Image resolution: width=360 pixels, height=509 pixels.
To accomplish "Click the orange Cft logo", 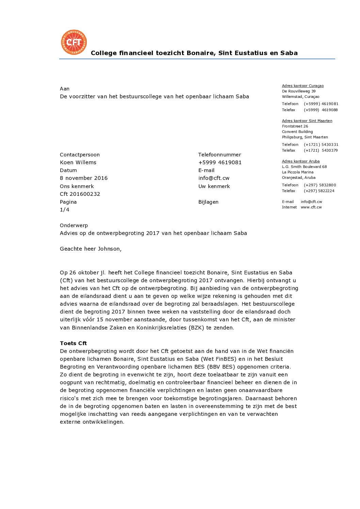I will (74, 42).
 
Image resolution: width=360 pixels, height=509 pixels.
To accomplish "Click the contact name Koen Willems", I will (78, 163).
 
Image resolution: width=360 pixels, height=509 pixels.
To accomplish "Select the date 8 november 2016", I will (84, 178).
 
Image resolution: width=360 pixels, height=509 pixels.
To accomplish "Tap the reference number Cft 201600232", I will (80, 194).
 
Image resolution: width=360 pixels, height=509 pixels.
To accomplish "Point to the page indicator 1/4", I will (65, 210).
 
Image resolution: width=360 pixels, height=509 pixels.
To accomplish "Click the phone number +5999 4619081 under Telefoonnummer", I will (220, 163).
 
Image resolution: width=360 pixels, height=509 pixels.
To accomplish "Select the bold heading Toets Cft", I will (73, 343).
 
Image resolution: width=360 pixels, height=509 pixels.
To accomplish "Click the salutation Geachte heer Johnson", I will (91, 249).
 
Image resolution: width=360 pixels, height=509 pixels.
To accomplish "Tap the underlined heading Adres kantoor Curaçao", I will (303, 86).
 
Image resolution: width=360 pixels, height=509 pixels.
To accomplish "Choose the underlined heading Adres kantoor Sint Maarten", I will (307, 121).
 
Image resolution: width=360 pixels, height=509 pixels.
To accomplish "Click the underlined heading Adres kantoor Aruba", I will (301, 161).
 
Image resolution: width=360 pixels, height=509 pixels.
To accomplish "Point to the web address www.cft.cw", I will (311, 207).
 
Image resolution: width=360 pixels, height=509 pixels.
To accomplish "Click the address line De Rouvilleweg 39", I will (299, 91).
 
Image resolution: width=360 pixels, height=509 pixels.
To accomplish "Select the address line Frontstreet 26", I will (295, 126).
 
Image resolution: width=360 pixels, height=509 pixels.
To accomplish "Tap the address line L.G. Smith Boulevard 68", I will (304, 167).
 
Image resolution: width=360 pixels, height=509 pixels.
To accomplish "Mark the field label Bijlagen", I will (208, 202).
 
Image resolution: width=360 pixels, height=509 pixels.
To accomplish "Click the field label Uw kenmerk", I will (214, 186).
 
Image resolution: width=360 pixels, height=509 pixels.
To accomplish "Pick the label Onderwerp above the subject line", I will (74, 225).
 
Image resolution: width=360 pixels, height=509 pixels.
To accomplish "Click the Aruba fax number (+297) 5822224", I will (319, 191).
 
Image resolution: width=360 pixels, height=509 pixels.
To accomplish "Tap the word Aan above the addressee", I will (65, 89).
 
